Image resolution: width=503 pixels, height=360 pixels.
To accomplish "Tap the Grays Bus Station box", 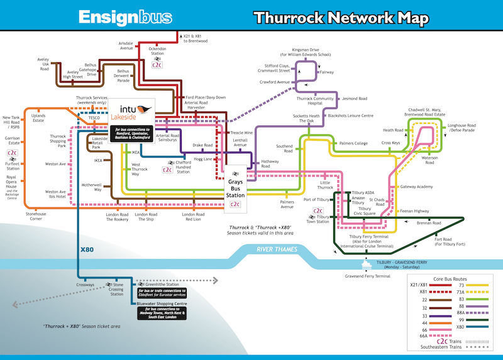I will click(235, 182).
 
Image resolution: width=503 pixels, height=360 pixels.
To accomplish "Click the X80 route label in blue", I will click(87, 249).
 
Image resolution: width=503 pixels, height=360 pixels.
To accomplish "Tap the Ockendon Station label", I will click(157, 51).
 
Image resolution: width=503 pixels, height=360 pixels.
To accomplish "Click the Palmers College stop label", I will click(353, 143).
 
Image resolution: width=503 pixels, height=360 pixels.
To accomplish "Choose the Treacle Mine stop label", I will click(241, 133).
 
